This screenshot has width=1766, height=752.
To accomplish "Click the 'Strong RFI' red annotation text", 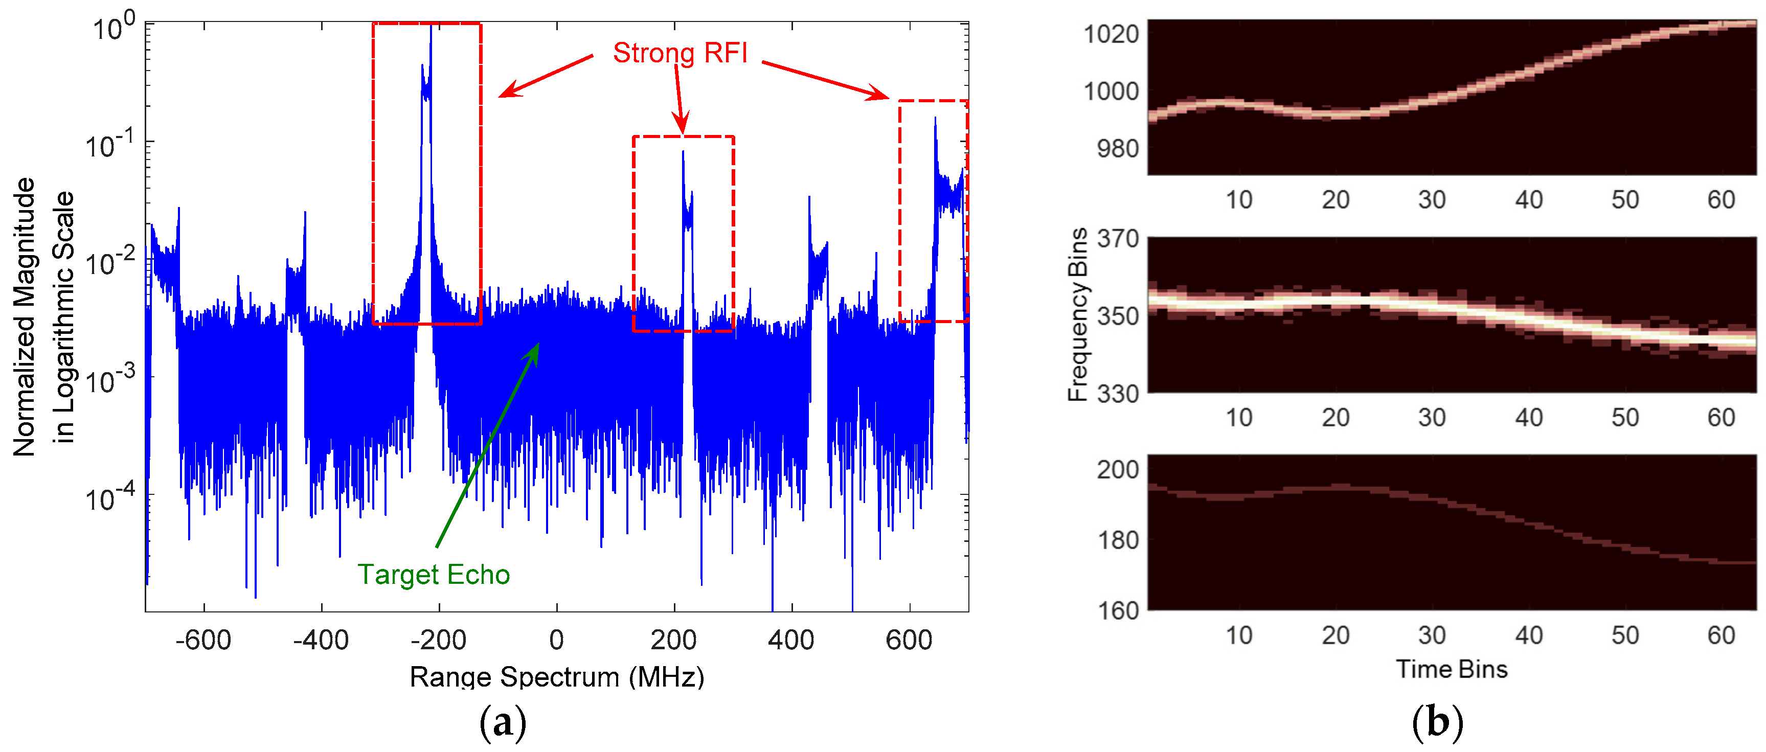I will point(680,53).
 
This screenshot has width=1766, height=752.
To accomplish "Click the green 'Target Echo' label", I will point(433,575).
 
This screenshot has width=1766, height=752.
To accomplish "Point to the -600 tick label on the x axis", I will point(203,640).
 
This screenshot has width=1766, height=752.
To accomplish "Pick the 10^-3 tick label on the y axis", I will point(110,380).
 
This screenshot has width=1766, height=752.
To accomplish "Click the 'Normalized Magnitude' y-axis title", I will point(25,317).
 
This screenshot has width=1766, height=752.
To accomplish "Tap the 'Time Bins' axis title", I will point(1452,669).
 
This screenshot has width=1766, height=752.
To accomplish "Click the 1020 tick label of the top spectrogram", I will point(1111,34).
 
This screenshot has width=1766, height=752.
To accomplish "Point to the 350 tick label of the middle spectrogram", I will point(1118,317).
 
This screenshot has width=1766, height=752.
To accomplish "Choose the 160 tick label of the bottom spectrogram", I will point(1118,610).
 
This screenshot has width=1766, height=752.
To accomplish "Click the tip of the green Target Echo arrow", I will point(539,344).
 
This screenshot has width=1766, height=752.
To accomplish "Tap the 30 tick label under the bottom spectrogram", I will point(1432,635).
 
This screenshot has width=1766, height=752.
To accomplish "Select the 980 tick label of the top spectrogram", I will point(1118,149).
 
